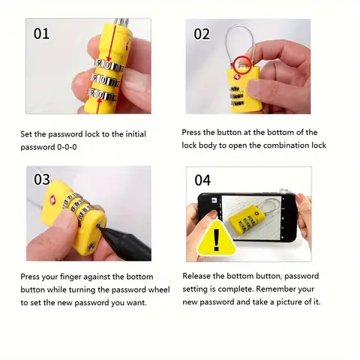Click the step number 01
click(x=41, y=34)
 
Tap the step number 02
click(x=202, y=34)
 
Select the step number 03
click(x=42, y=179)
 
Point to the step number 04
click(x=202, y=180)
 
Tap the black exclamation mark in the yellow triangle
click(x=217, y=240)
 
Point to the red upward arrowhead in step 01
click(x=100, y=100)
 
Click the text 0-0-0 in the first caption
click(x=67, y=147)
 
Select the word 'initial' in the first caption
click(x=136, y=134)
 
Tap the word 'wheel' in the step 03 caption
click(x=159, y=289)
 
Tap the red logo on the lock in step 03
click(x=53, y=199)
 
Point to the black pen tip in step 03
click(x=99, y=226)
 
